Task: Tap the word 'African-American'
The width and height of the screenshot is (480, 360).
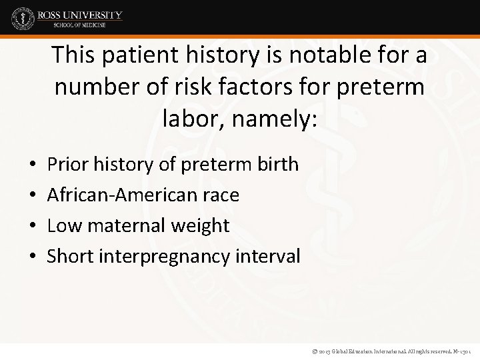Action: [x=124, y=195]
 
